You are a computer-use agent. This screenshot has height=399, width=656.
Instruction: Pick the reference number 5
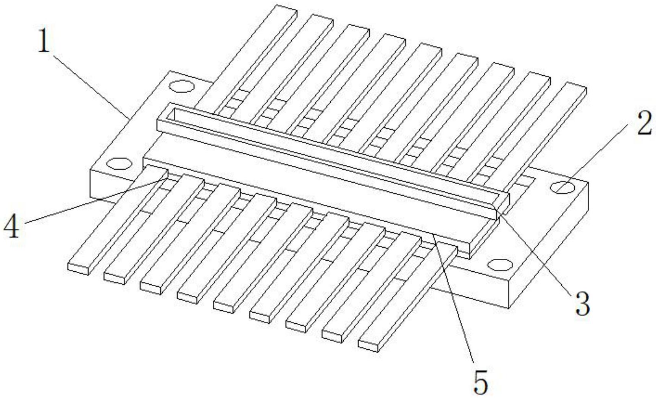click(x=481, y=381)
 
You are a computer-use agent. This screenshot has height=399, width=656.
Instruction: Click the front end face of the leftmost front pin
click(x=78, y=269)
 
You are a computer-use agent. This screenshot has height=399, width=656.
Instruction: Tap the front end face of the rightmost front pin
click(x=368, y=345)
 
